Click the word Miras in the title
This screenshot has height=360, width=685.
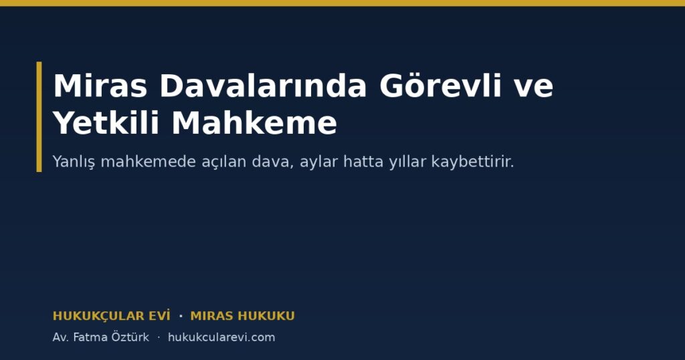tap(100, 86)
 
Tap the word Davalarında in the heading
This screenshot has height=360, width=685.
tap(263, 86)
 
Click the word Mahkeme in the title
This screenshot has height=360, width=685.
tap(254, 122)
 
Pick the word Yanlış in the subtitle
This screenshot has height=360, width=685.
tap(74, 162)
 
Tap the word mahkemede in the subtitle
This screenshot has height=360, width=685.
tap(148, 161)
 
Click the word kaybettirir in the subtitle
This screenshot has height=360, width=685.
tap(472, 161)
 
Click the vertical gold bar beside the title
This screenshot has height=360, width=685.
tap(39, 116)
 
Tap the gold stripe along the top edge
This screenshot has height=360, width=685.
tap(342, 3)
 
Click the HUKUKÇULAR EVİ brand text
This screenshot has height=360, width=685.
tap(112, 316)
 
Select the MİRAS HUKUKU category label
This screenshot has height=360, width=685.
tap(242, 316)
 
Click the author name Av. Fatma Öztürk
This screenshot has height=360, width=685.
tap(100, 337)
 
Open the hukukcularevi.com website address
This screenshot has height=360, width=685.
tap(221, 337)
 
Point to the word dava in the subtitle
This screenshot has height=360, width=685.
tap(273, 161)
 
